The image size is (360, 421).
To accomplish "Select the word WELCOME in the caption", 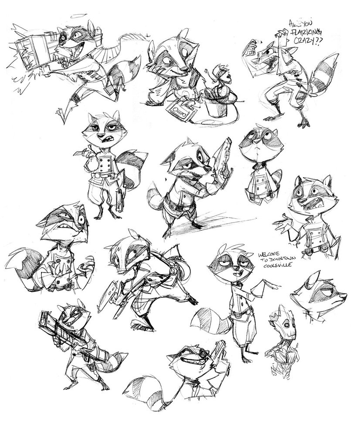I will click(x=270, y=253).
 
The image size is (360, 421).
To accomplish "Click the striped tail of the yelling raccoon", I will click(x=324, y=74).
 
